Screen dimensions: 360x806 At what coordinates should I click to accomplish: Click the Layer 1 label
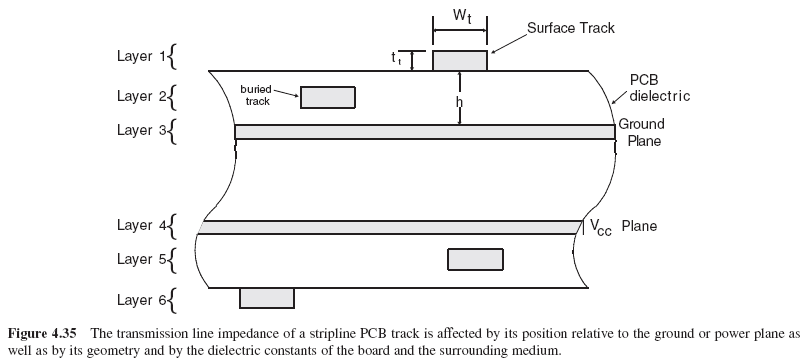pos(139,57)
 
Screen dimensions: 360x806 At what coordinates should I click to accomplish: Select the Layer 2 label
pos(139,96)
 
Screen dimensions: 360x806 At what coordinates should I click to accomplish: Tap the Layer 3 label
pos(139,130)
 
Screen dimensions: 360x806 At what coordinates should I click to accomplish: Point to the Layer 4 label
pos(139,225)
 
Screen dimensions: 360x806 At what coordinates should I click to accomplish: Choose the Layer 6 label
pos(139,298)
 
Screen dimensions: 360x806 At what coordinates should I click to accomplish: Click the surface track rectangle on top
pos(460,60)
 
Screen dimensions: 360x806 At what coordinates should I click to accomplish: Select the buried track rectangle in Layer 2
pos(327,97)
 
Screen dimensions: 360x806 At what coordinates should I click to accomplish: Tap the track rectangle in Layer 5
pos(475,259)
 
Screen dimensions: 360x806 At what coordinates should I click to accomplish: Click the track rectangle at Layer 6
pos(267,297)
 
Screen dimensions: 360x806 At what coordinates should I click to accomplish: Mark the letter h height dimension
pos(458,101)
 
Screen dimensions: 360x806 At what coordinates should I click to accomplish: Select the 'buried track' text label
pos(257,95)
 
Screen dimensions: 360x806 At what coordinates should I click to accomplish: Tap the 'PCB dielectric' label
pos(658,88)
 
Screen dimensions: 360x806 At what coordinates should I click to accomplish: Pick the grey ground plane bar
pos(424,132)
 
